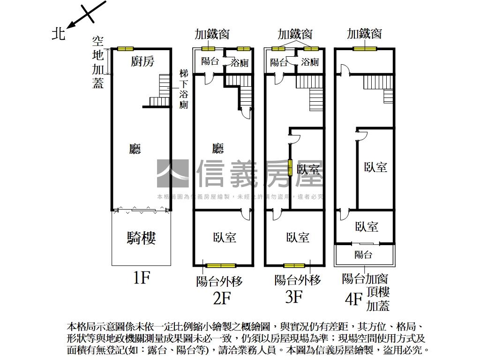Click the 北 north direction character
click(58, 33)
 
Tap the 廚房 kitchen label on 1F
click(142, 61)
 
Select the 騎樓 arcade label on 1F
click(141, 238)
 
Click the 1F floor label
click(141, 278)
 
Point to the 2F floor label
click(222, 298)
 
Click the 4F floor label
click(353, 299)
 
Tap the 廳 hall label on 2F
click(218, 149)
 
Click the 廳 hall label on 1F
click(135, 149)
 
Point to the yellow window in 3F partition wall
click(290, 168)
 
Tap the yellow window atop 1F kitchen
click(125, 49)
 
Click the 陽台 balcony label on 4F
click(363, 255)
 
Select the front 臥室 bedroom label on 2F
click(225, 238)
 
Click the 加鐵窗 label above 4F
click(364, 34)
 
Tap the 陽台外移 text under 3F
click(298, 280)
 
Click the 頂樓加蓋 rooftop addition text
click(378, 299)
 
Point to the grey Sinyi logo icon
click(172, 174)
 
